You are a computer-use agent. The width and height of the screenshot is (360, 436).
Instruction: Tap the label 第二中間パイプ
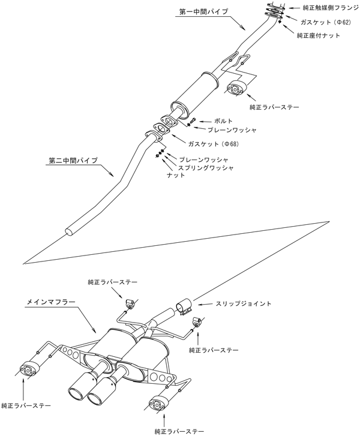71,161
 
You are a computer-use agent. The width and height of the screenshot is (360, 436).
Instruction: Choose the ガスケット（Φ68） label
201,145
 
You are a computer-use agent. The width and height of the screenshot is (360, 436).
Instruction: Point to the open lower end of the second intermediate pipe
70,230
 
